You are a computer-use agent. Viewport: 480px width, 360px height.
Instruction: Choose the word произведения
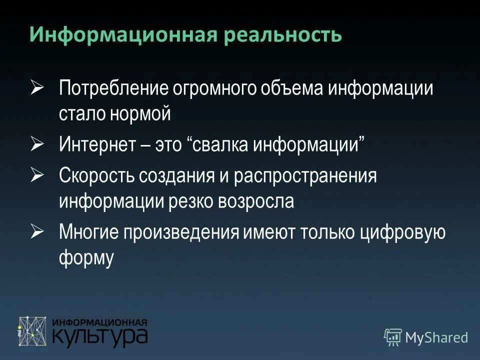183,232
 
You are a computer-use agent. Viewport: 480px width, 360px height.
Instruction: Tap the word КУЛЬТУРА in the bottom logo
100,336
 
